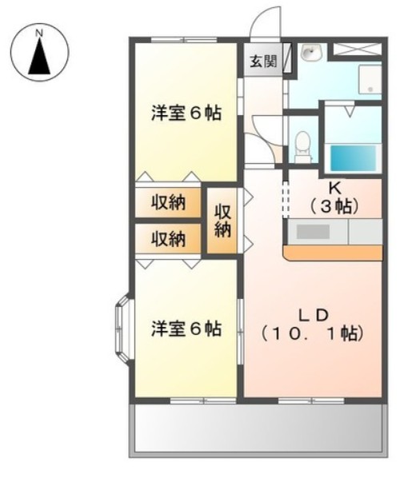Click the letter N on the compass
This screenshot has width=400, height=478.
38,33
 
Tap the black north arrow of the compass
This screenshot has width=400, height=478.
39,57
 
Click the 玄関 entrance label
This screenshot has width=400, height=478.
264,62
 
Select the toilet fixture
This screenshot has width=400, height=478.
303,146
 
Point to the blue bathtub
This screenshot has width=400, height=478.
353,158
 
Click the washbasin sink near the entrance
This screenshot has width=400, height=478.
311,53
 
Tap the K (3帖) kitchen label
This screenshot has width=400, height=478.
334,199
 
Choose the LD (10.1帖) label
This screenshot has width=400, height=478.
313,325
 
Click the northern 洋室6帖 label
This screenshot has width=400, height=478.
186,114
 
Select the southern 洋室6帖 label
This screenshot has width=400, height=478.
186,329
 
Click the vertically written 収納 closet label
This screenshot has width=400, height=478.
222,221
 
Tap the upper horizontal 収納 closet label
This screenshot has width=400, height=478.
169,202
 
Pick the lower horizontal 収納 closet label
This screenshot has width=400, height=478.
169,239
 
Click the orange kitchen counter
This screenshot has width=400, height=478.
333,253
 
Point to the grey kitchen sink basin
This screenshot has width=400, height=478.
313,232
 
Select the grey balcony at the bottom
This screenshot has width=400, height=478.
258,431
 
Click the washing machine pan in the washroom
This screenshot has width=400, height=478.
370,79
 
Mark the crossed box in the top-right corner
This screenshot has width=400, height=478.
357,49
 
